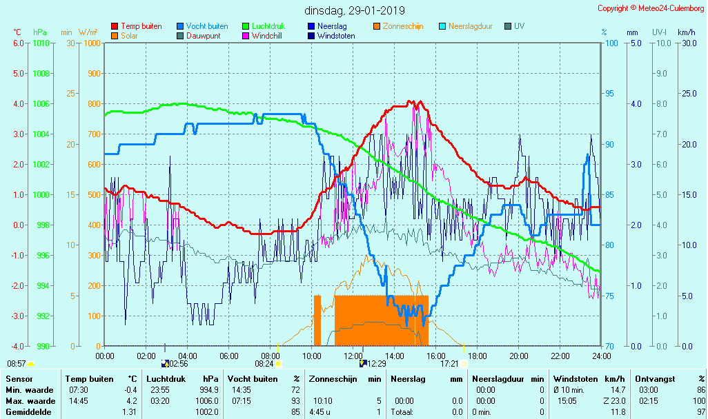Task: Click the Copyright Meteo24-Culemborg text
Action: pyautogui.click(x=651, y=8)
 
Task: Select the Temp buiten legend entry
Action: pyautogui.click(x=141, y=26)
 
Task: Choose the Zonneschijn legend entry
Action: pyautogui.click(x=402, y=26)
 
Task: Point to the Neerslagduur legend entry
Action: pyautogui.click(x=470, y=26)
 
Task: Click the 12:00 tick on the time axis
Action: pyautogui.click(x=353, y=356)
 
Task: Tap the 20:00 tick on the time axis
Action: pyautogui.click(x=518, y=356)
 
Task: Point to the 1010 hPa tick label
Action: pyautogui.click(x=41, y=43)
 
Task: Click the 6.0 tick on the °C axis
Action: pyautogui.click(x=18, y=43)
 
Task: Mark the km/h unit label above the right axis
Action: pyautogui.click(x=686, y=32)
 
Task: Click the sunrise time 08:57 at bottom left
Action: pyautogui.click(x=17, y=363)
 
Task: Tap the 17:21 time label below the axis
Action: pyautogui.click(x=449, y=363)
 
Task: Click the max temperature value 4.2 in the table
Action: pyautogui.click(x=132, y=400)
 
